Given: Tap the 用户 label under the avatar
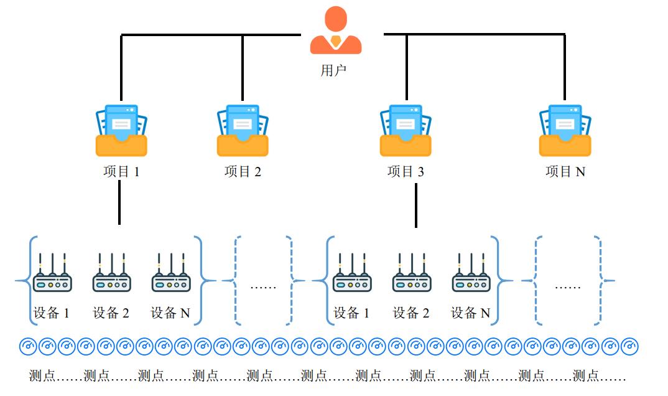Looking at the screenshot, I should click(x=333, y=70).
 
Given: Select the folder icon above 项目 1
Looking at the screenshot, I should click(x=121, y=130).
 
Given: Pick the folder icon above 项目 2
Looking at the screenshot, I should click(x=243, y=130).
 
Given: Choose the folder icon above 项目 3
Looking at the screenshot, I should click(x=406, y=130).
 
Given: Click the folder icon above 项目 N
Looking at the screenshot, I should click(x=565, y=130).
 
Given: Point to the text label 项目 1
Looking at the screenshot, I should click(x=121, y=172).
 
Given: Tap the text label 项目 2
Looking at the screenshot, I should click(x=243, y=172).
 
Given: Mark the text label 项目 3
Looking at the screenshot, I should click(x=406, y=172).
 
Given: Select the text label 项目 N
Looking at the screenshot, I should click(x=565, y=172).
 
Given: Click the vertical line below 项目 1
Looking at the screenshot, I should click(x=119, y=204).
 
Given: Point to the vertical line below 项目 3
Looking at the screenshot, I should click(x=416, y=205).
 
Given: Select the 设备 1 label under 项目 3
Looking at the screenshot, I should click(x=351, y=313).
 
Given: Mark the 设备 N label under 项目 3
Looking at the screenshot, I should click(x=471, y=313).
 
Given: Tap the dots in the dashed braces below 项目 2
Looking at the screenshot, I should click(x=262, y=287).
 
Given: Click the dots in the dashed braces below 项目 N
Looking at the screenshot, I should click(x=567, y=287).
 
